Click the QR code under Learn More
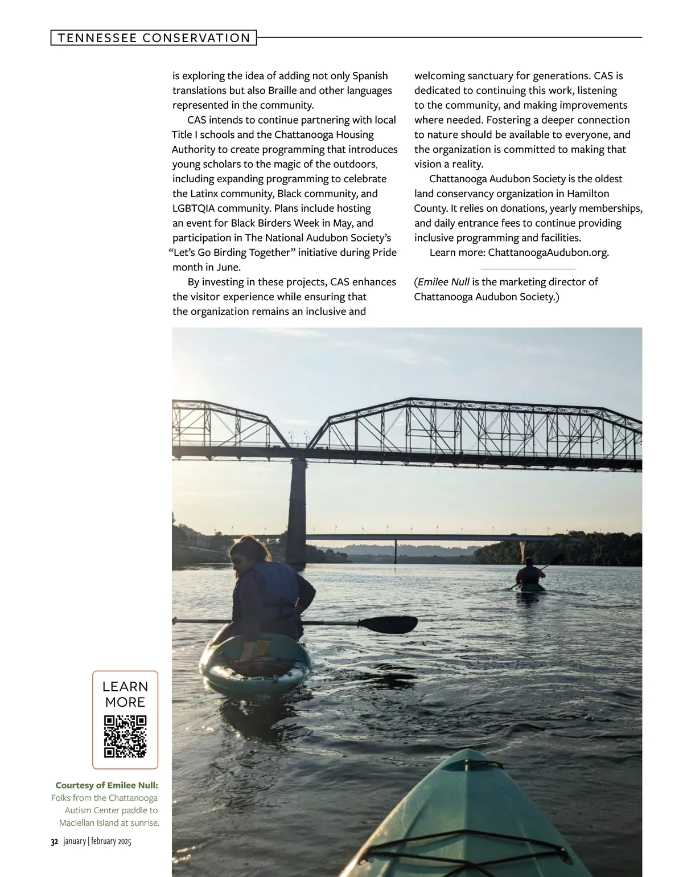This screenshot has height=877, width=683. [x=125, y=736]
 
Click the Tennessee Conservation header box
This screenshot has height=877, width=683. [x=154, y=38]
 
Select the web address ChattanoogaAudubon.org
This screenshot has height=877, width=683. [x=548, y=252]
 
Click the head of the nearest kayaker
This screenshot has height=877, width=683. [x=250, y=552]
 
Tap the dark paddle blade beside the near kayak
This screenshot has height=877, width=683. [x=393, y=625]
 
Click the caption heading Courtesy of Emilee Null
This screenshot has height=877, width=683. [x=106, y=785]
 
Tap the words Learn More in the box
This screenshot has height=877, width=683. [x=125, y=694]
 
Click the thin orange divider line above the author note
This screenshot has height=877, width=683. [x=528, y=268]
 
